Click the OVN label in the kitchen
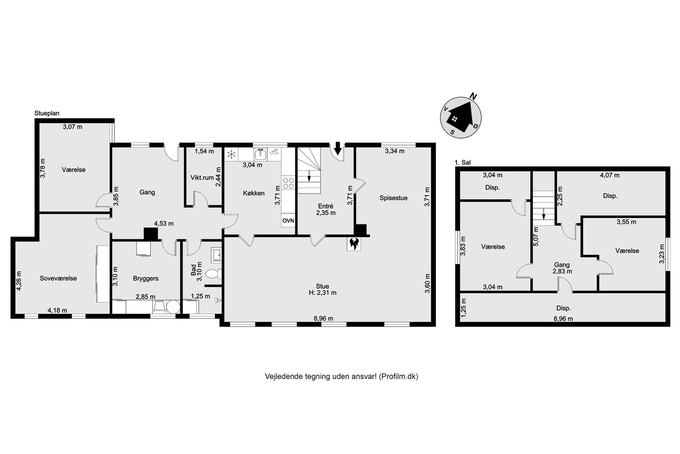pos(288,221)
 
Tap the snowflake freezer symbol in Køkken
pos(232,154)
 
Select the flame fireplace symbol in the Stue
pos(354,244)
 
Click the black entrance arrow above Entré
pos(338,149)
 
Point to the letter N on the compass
pos(473,96)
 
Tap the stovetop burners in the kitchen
pos(288,183)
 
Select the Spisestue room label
pos(393,198)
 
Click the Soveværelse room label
pos(58,278)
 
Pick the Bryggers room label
pos(146,278)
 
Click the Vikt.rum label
pos(202,178)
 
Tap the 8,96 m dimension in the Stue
pos(324,318)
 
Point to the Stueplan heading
pos(47,113)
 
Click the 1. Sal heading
pos(462,163)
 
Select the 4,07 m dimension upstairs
pos(610,175)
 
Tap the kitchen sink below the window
pos(260,155)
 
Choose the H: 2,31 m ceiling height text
pos(323,293)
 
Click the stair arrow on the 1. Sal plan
pos(544,213)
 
